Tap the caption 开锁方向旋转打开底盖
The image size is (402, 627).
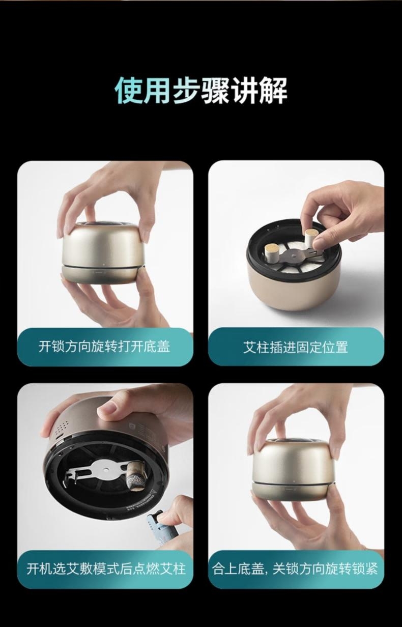(104, 347)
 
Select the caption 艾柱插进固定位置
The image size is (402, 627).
(296, 347)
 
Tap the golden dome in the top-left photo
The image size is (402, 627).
(101, 243)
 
